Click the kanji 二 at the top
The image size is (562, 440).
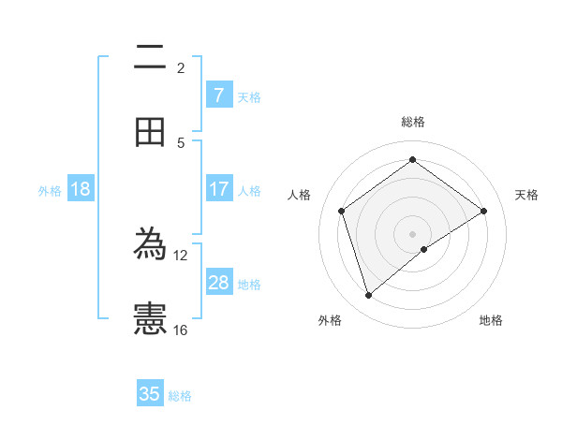pyautogui.click(x=150, y=60)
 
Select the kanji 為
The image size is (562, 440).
pyautogui.click(x=150, y=246)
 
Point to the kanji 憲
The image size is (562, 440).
pyautogui.click(x=150, y=318)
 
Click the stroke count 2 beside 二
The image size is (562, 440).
pyautogui.click(x=181, y=67)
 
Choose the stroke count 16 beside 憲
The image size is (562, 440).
pyautogui.click(x=181, y=330)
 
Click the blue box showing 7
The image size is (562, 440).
pyautogui.click(x=218, y=95)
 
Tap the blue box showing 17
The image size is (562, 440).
pyautogui.click(x=218, y=189)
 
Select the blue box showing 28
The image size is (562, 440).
pyautogui.click(x=218, y=283)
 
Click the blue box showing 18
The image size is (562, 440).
pyautogui.click(x=81, y=189)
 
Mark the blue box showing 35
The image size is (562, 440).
pyautogui.click(x=150, y=394)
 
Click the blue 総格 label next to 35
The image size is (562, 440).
pyautogui.click(x=180, y=396)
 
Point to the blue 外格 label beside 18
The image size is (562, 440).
pyautogui.click(x=50, y=191)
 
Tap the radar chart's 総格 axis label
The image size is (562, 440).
pyautogui.click(x=413, y=122)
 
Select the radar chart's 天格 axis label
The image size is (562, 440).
pyautogui.click(x=526, y=195)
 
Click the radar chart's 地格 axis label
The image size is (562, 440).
pyautogui.click(x=491, y=320)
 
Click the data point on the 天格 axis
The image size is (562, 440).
pyautogui.click(x=483, y=211)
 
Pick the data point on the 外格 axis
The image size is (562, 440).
pyautogui.click(x=368, y=296)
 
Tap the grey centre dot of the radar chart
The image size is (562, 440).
pyautogui.click(x=413, y=233)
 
